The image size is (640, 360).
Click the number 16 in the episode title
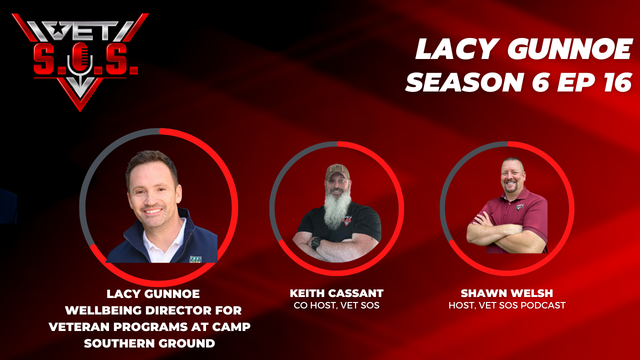[617, 82]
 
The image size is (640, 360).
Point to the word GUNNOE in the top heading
[569, 49]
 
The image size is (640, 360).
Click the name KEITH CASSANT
[336, 293]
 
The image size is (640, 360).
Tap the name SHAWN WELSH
[507, 293]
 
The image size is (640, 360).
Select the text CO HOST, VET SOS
[336, 305]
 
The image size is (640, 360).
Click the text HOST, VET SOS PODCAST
[507, 305]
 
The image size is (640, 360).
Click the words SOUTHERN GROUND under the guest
[149, 343]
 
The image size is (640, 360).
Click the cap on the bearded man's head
[337, 171]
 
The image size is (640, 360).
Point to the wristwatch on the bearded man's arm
[315, 243]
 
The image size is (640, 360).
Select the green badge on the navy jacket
[195, 259]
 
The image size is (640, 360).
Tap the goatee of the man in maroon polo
[512, 189]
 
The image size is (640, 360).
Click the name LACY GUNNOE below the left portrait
[153, 294]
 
